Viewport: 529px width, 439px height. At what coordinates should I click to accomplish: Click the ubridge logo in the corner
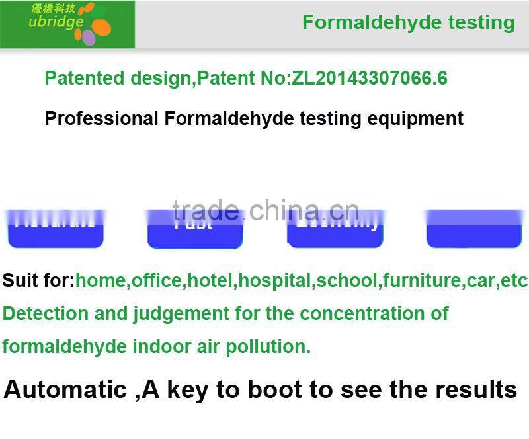[67, 24]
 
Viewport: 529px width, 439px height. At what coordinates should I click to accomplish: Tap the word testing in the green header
[481, 22]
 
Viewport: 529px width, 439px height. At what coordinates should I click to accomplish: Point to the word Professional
[101, 119]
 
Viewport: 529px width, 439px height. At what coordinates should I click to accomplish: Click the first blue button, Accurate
[56, 229]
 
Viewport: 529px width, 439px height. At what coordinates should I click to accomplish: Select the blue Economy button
[335, 229]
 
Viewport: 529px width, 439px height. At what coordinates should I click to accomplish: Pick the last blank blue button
[474, 229]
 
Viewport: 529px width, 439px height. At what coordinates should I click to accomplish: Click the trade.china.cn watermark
[265, 210]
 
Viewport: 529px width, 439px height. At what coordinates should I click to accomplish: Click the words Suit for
[38, 280]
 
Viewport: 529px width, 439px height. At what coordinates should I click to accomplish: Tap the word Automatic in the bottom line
[65, 389]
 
